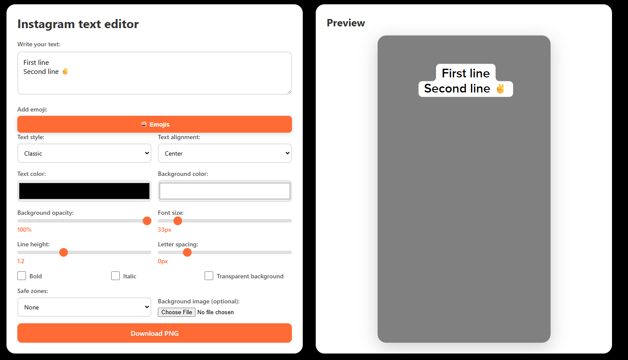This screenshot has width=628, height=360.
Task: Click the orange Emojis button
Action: click(154, 124)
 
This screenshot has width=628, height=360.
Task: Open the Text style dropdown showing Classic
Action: click(84, 153)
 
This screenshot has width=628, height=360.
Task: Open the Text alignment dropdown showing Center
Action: click(224, 153)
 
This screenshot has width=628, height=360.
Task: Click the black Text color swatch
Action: click(84, 191)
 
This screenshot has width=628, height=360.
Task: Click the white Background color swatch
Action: click(224, 191)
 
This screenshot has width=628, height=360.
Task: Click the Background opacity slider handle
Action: click(147, 221)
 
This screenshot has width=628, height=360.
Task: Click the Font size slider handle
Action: click(178, 221)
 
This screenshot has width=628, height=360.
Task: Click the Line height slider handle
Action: click(64, 252)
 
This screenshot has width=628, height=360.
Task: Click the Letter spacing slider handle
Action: click(187, 252)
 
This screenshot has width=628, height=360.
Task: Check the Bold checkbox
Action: click(22, 276)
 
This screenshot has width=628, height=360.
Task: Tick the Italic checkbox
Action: click(115, 276)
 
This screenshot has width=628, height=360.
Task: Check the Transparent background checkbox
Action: click(209, 276)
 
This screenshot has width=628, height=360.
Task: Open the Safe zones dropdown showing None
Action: click(84, 307)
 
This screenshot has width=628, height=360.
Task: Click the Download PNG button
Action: click(154, 333)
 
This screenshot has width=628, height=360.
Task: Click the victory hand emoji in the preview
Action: click(500, 89)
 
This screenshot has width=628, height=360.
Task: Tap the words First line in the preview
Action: click(465, 73)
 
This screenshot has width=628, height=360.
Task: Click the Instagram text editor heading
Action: click(78, 24)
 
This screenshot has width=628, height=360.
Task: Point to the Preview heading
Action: click(346, 23)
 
